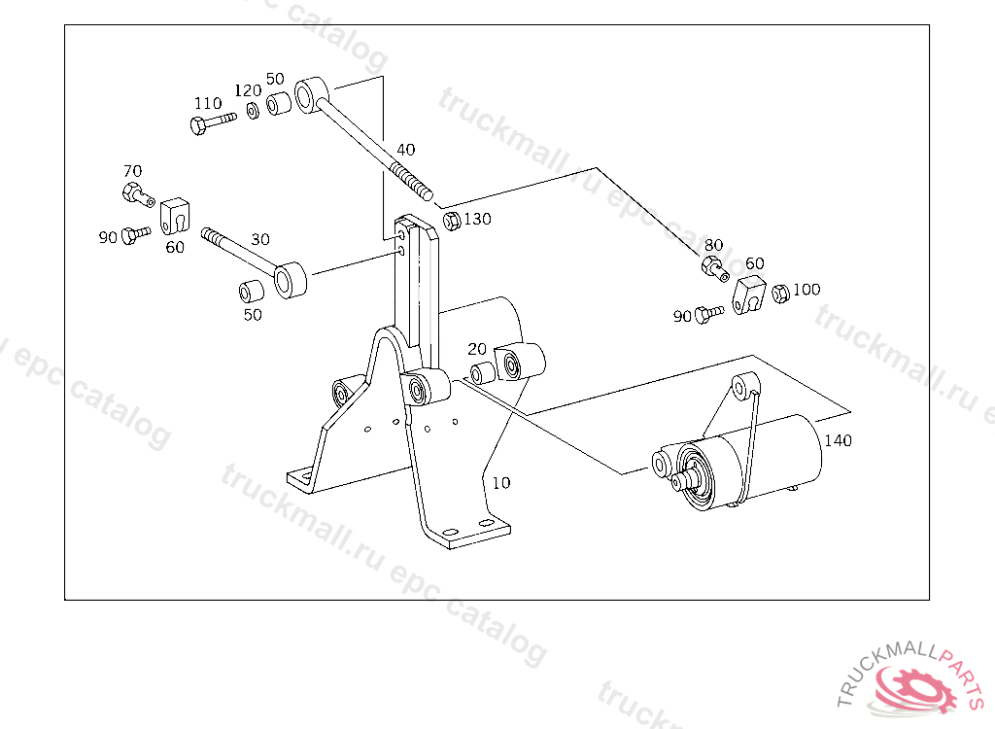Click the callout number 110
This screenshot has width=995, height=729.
(x=208, y=103)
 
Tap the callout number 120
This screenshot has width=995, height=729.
(x=248, y=90)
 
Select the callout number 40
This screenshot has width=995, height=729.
(x=405, y=150)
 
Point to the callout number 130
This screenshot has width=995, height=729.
(x=477, y=219)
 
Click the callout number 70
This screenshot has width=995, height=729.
(x=132, y=171)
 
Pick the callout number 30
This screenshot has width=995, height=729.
(x=260, y=239)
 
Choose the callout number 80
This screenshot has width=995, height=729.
(x=713, y=245)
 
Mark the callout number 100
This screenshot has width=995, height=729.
(x=806, y=290)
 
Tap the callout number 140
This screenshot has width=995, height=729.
(x=838, y=440)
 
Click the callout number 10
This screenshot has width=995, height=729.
(x=500, y=483)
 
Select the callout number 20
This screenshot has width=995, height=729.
(x=476, y=349)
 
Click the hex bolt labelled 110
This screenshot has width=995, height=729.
(x=213, y=122)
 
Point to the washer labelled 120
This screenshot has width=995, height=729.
(x=253, y=112)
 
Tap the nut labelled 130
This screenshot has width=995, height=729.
(x=451, y=221)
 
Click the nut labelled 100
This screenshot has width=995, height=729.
(x=780, y=294)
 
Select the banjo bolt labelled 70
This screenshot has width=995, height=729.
(x=138, y=193)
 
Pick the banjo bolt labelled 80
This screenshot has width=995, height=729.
(x=715, y=268)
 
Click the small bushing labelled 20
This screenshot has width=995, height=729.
(x=483, y=372)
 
